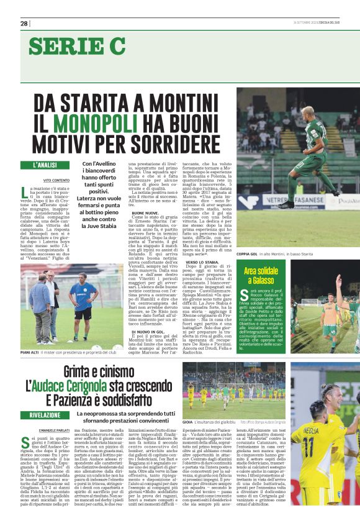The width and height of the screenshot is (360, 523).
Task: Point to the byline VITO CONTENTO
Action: [x=56, y=180]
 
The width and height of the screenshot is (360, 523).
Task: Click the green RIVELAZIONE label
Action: [x=45, y=414]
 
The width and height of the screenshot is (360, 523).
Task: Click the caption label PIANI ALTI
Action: [x=30, y=352]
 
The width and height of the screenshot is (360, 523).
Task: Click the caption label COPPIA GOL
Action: [x=248, y=254]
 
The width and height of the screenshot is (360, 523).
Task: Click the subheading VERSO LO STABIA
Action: [x=200, y=263]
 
